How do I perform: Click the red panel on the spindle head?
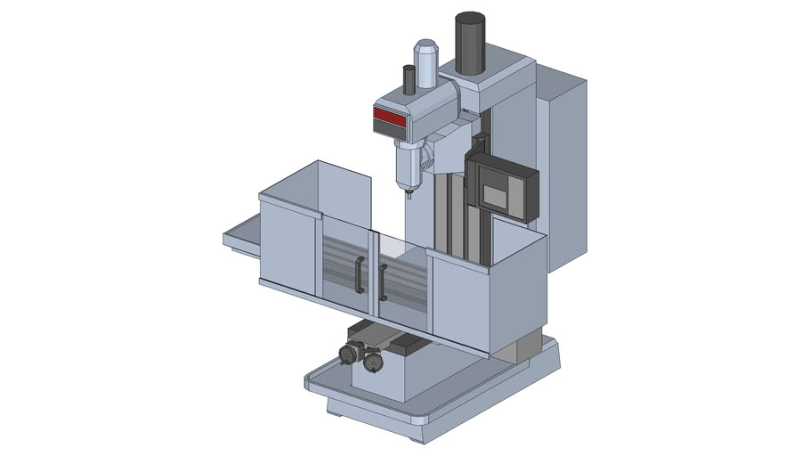(x=390, y=116)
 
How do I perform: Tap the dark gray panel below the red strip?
(x=390, y=130)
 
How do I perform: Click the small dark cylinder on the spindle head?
(x=409, y=80)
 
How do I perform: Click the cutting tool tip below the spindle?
(x=409, y=190)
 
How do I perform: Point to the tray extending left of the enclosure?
(x=240, y=239)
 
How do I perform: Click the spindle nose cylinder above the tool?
(x=408, y=165)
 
